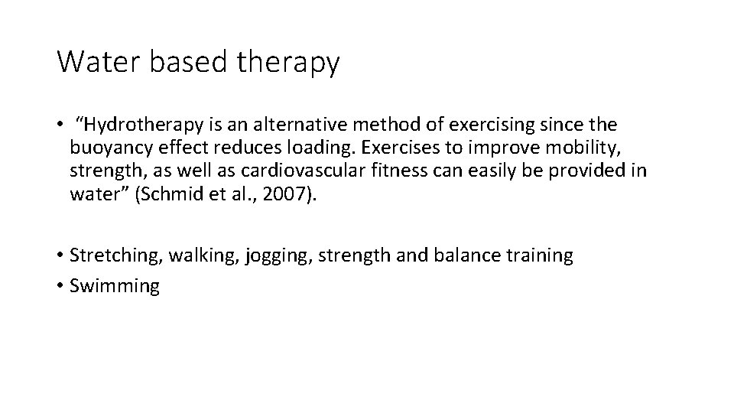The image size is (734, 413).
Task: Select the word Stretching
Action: (115, 255)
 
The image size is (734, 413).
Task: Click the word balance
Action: (468, 255)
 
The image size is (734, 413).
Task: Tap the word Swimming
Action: (115, 287)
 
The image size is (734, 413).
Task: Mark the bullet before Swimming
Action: (60, 287)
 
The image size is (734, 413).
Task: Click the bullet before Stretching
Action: (60, 255)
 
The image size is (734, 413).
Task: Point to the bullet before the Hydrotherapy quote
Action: (60, 125)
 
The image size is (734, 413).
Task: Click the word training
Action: (540, 255)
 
